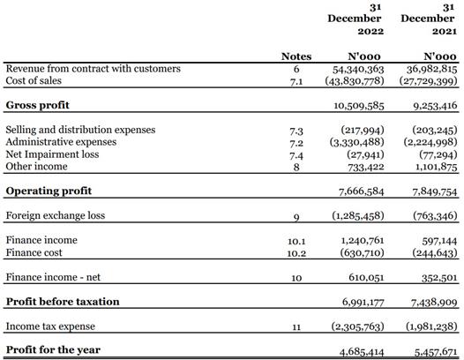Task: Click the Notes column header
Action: [296, 56]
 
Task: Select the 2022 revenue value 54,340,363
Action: [358, 70]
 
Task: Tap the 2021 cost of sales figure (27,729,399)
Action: [428, 81]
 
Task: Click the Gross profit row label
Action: [38, 105]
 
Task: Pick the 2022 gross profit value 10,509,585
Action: [359, 106]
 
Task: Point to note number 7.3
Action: [296, 131]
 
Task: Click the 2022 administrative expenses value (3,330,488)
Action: [357, 142]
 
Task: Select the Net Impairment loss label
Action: [52, 154]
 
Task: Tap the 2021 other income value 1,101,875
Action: [437, 167]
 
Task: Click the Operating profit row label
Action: [49, 191]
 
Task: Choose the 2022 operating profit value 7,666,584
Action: [362, 191]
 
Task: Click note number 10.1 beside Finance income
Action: [296, 242]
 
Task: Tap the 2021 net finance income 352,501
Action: [439, 278]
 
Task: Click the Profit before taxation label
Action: [63, 302]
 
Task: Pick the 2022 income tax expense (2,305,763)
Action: [357, 326]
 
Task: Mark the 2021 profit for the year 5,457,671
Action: [436, 352]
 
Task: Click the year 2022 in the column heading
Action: [370, 31]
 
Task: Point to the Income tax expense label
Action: [50, 326]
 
